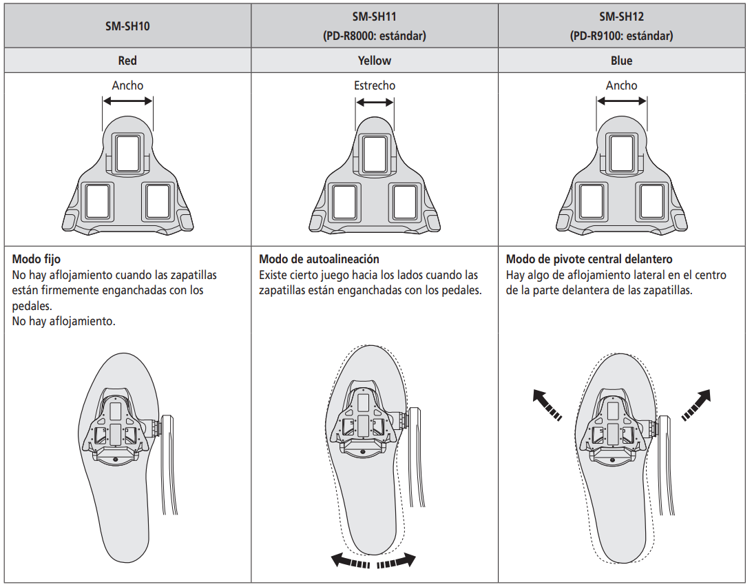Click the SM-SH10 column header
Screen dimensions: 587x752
point(127,27)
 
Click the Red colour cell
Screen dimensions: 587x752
point(127,61)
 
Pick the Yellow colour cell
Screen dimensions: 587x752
point(374,61)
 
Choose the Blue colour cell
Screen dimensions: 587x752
point(621,61)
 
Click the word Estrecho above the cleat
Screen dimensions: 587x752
point(375,85)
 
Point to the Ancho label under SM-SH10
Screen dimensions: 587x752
point(127,85)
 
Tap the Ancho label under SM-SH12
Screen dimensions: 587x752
point(621,85)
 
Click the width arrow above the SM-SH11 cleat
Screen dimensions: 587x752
point(375,102)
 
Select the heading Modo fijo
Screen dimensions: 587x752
point(36,260)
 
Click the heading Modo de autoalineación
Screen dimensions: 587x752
point(319,260)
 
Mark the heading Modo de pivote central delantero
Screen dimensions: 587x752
point(589,260)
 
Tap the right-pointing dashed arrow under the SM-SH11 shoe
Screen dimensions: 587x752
point(397,561)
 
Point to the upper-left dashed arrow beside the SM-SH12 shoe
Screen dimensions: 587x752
point(547,404)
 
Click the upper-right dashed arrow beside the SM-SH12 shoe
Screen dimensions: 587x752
point(696,404)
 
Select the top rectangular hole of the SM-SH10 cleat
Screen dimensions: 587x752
point(127,154)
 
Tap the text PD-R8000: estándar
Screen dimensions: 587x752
point(374,36)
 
